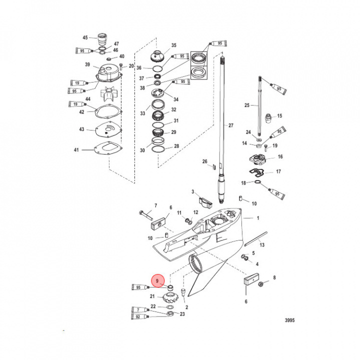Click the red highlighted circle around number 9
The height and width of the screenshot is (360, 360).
(x=159, y=282)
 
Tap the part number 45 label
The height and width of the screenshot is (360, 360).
(x=85, y=37)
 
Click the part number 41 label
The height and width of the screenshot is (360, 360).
(x=76, y=150)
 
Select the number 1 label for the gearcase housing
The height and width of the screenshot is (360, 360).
(x=258, y=218)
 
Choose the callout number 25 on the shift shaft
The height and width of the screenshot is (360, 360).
(x=246, y=105)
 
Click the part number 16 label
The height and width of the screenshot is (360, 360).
(x=280, y=156)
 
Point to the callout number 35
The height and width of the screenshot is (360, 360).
(x=174, y=45)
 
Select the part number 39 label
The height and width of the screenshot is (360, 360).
(x=87, y=65)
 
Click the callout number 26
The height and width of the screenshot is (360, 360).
(x=204, y=161)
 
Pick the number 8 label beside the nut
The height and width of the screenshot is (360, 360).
(x=273, y=277)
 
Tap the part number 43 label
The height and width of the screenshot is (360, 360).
(x=82, y=130)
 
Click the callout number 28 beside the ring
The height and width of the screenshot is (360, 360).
(x=176, y=146)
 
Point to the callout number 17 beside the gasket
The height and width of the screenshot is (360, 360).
(x=279, y=171)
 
